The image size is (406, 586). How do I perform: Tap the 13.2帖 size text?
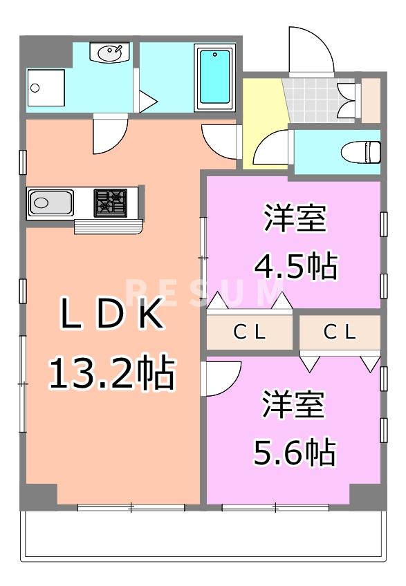point(112,373)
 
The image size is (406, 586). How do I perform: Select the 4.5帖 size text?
point(296,266)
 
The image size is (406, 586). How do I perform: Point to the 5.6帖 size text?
point(295,452)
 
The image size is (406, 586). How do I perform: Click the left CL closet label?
point(250,332)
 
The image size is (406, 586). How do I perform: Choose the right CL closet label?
point(340,332)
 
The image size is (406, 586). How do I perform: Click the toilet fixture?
point(361,152)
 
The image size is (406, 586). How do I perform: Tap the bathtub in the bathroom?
point(214,77)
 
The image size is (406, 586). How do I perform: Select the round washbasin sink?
point(110,53)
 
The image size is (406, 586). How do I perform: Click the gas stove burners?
point(111,202)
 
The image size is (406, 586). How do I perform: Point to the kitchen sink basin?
point(50,202)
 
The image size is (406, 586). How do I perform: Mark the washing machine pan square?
point(46,88)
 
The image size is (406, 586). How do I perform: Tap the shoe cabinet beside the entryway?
point(371,100)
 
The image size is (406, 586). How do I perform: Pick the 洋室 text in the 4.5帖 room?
point(295,218)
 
